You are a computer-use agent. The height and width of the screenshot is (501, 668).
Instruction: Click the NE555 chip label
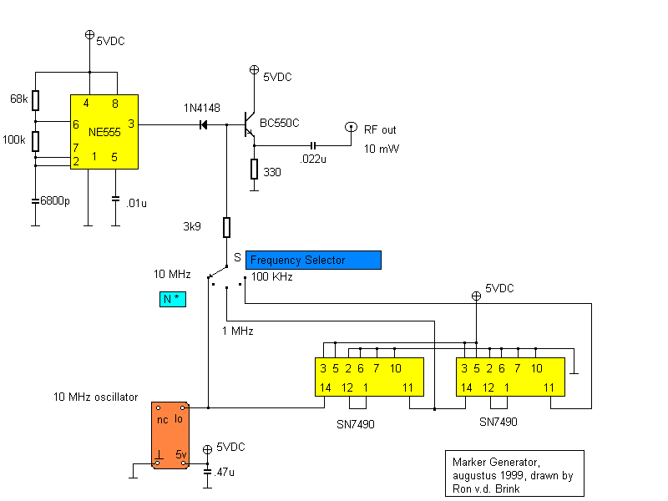point(104,132)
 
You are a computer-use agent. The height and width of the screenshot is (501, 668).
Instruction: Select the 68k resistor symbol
point(36,100)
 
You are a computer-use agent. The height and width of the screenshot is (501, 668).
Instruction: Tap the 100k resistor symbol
point(36,141)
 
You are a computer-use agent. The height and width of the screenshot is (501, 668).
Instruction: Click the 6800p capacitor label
point(55,200)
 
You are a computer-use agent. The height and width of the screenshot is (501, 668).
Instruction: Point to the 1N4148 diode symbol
point(204,124)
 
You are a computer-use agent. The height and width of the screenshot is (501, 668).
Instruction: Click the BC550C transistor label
point(280,123)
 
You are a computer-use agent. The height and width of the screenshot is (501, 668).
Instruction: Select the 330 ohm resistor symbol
point(255,169)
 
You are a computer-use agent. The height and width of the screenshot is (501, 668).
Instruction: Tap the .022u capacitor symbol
point(313,145)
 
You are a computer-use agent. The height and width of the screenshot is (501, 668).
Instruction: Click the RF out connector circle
point(351,127)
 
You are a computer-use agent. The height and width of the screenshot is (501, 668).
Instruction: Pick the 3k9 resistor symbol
point(226,227)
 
